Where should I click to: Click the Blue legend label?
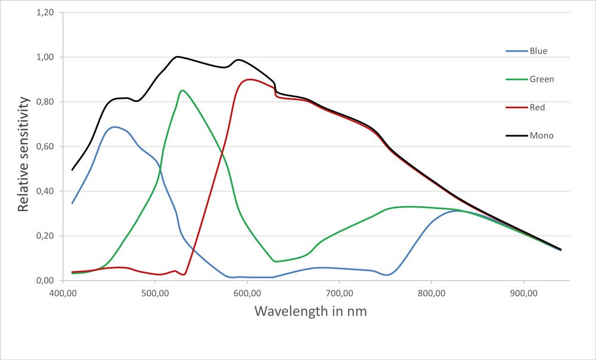click(538, 51)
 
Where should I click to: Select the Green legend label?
click(542, 79)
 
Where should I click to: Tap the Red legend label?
click(537, 107)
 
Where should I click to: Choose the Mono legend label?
click(542, 136)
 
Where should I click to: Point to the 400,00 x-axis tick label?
click(63, 293)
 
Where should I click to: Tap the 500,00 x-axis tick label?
click(155, 293)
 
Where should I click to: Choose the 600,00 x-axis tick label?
click(247, 293)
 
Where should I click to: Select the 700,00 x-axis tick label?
click(339, 293)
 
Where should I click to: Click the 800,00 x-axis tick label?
click(432, 293)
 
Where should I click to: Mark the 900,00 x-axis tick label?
click(523, 293)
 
